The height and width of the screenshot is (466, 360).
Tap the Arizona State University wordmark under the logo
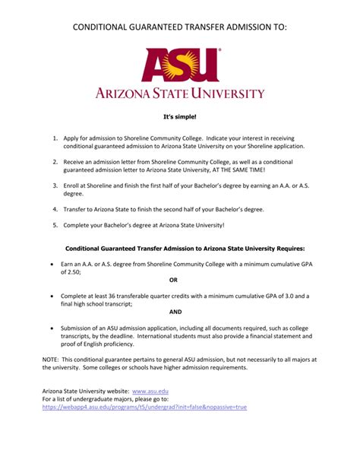coord(179,94)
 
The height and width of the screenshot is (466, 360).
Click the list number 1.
coord(55,139)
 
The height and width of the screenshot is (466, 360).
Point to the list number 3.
coord(55,186)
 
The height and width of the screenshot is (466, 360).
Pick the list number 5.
coord(55,225)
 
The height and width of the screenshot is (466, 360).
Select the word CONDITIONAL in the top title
coord(103,27)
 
